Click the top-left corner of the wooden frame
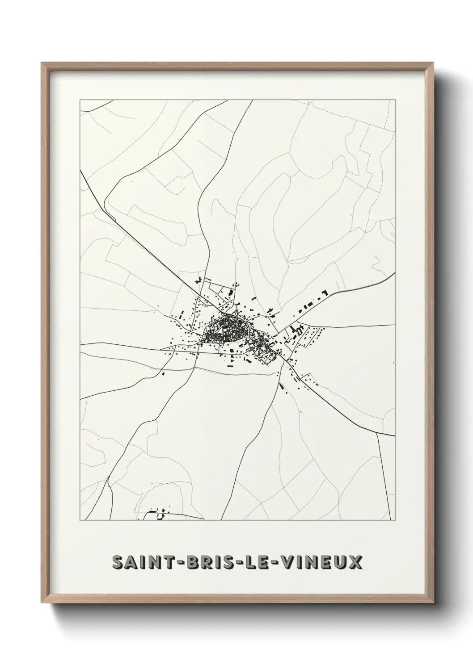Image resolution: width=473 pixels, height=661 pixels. (42, 63)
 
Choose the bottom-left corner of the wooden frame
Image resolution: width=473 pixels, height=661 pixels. (42, 605)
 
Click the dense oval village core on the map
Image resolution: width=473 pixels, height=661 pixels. (226, 331)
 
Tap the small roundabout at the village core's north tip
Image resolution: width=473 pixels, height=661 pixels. (228, 315)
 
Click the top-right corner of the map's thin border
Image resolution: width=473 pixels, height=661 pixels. (396, 100)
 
